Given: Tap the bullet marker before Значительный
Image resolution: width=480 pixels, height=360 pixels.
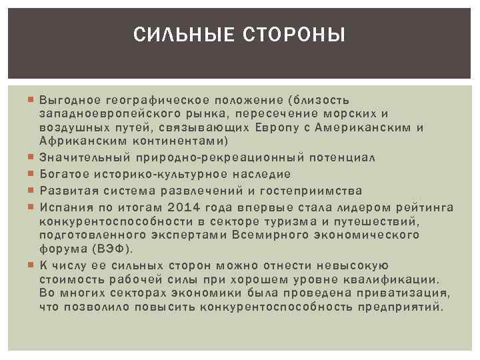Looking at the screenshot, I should [32, 157].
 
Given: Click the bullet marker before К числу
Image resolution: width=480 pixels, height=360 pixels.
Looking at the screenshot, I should [32, 265].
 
